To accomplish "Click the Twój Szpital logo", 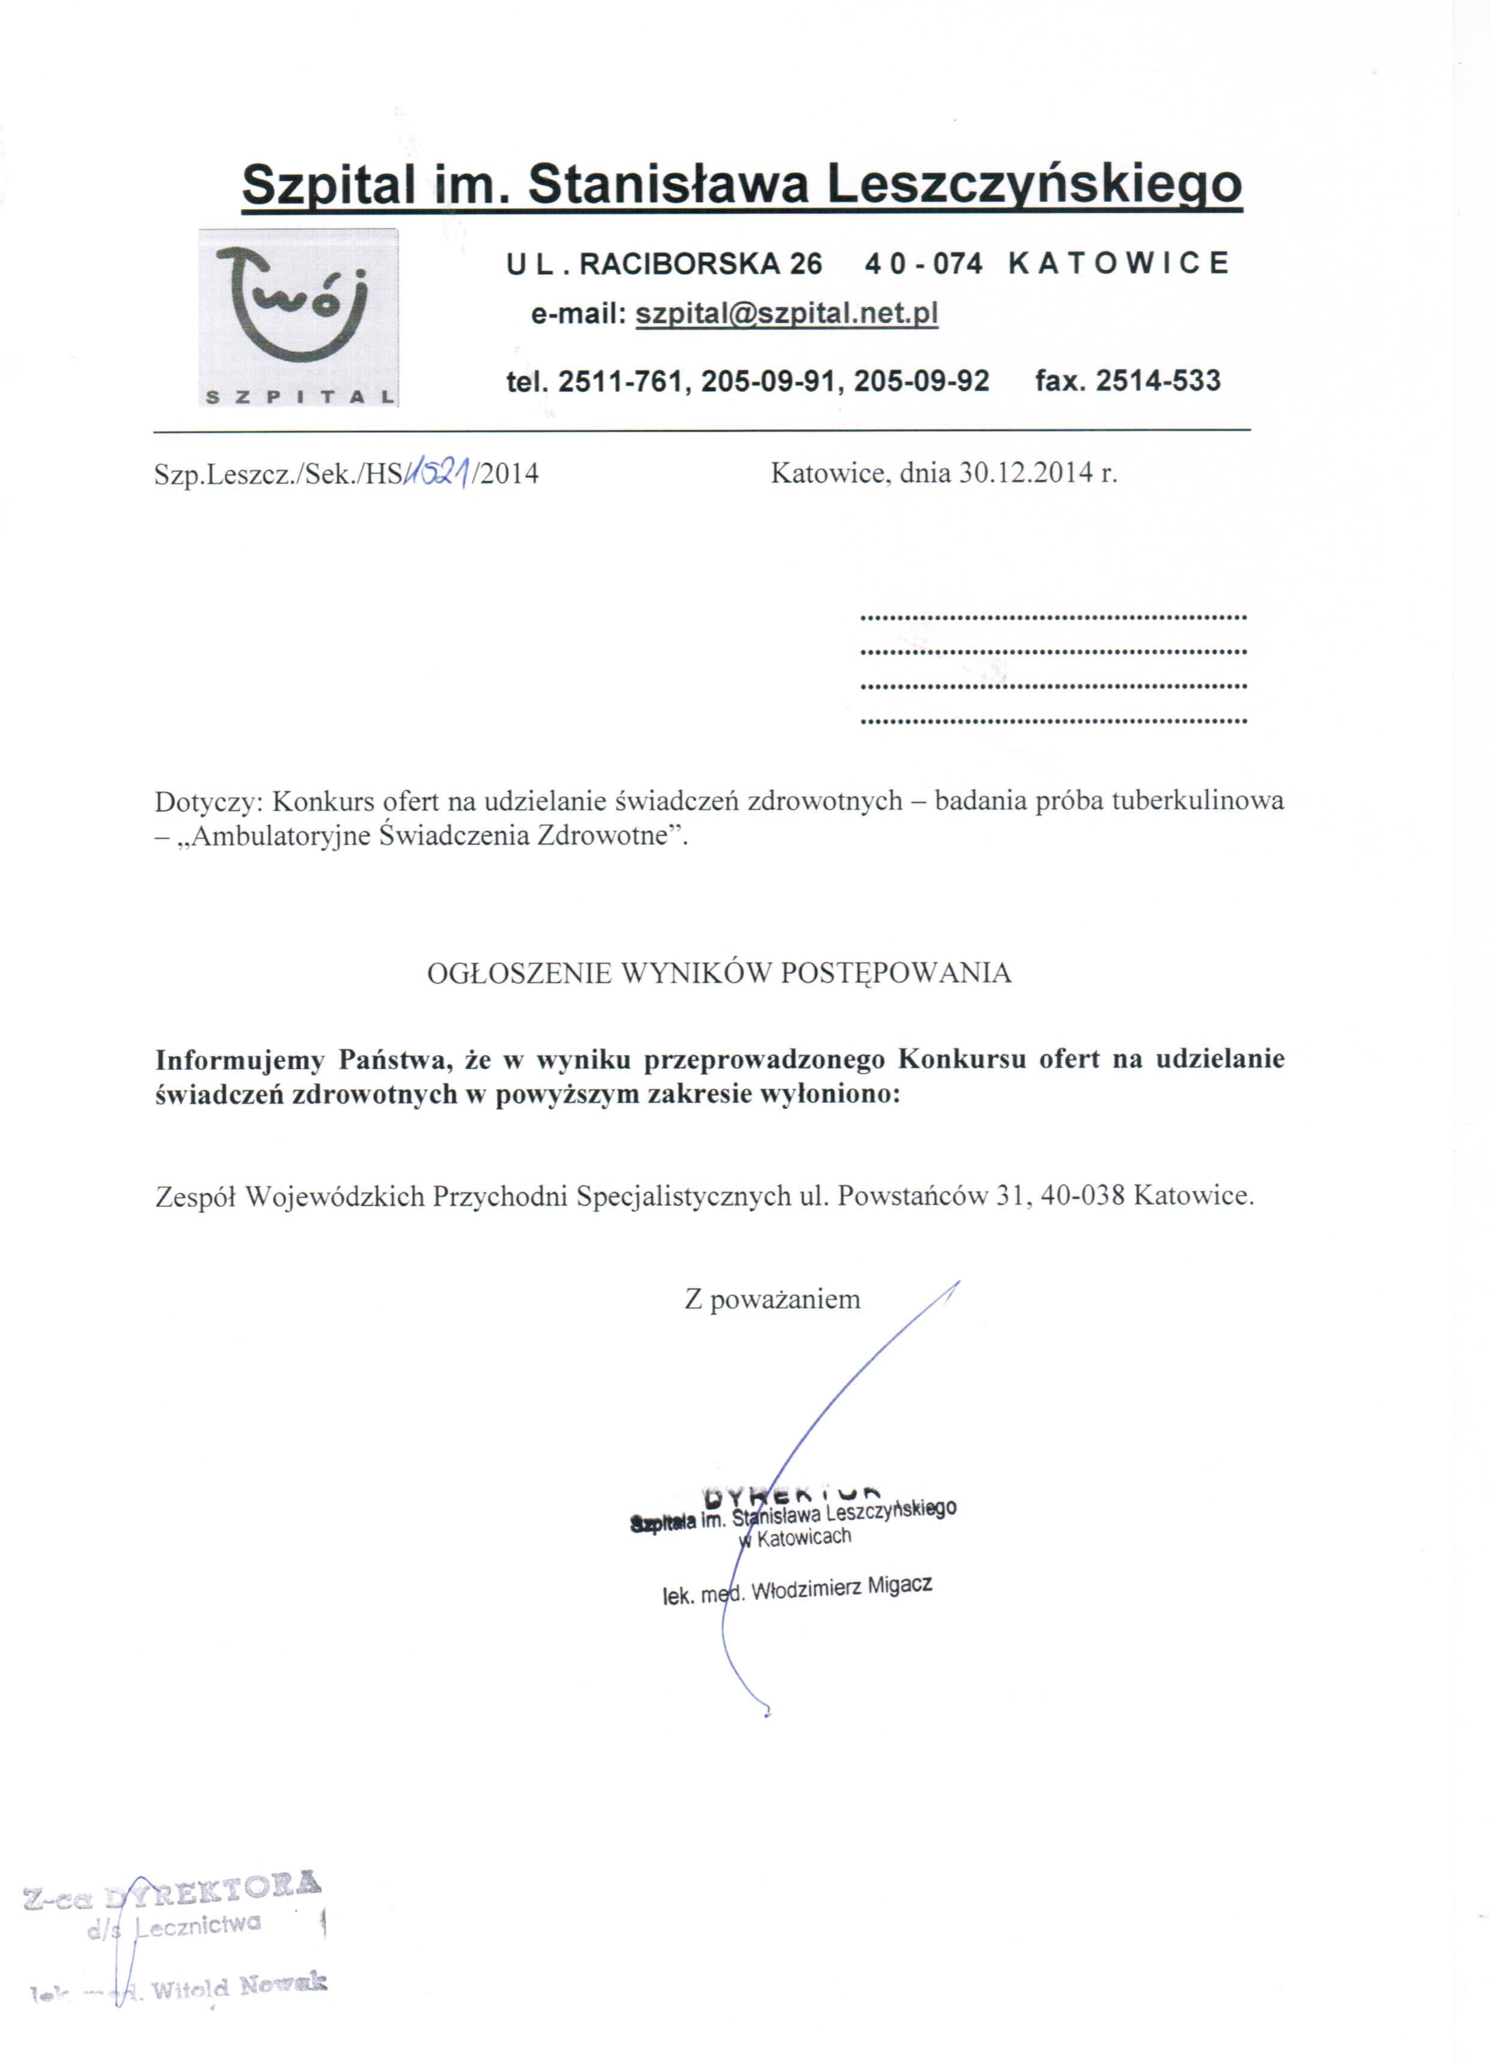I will (299, 317).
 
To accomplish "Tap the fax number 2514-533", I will (1158, 380).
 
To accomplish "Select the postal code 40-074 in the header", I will (923, 264).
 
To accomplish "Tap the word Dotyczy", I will (208, 802).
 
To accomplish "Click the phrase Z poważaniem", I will (772, 1299).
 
